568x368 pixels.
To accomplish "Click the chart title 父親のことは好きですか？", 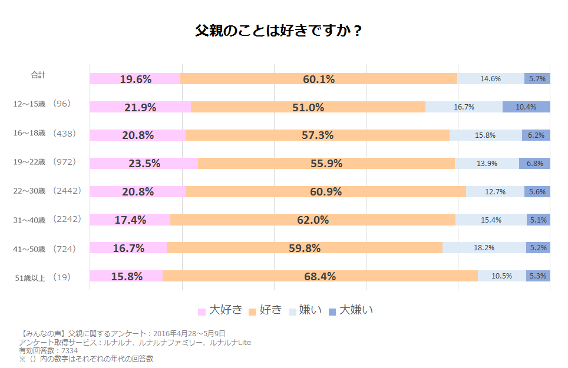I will [x=278, y=31].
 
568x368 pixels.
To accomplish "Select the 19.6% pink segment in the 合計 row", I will [x=135, y=79].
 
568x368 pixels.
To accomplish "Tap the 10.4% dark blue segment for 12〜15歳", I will [x=526, y=107].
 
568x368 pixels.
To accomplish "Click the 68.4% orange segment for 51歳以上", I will [x=320, y=276].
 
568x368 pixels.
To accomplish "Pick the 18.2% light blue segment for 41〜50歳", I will [x=484, y=248].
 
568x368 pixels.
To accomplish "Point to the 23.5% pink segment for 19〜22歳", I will [x=144, y=164].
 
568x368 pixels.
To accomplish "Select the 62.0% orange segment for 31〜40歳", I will [x=313, y=220].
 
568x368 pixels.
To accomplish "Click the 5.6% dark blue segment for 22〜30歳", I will [x=537, y=192].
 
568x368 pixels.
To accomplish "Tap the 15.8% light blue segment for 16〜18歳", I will [x=485, y=135].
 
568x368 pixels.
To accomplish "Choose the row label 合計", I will [x=38, y=75].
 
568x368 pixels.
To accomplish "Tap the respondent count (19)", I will [x=61, y=277].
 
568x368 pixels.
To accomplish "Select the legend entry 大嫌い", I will [x=356, y=310].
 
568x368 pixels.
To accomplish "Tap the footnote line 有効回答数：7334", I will [x=48, y=350].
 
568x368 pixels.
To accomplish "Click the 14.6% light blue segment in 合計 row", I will [x=490, y=79].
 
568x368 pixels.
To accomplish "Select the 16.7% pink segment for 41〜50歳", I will [x=128, y=248].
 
